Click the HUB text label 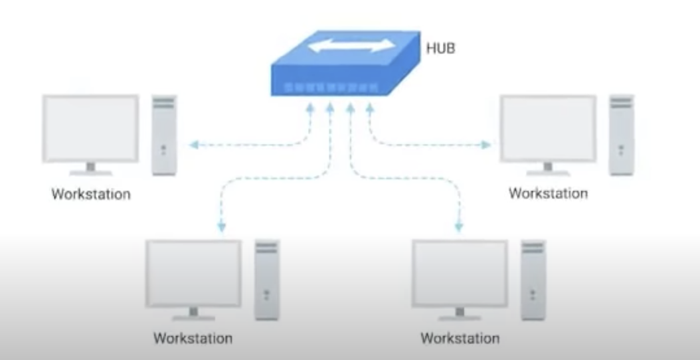(x=440, y=48)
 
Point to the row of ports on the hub (x=329, y=88)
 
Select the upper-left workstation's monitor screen (x=90, y=128)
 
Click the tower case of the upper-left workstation (x=164, y=135)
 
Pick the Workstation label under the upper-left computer (x=91, y=195)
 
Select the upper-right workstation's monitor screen (x=548, y=128)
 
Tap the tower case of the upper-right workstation (x=622, y=135)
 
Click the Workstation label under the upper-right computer (x=548, y=193)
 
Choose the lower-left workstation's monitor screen (x=193, y=273)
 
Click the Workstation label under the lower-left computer (x=193, y=337)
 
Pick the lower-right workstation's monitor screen (x=459, y=273)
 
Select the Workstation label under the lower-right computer (x=460, y=337)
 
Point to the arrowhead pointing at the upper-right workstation (x=487, y=143)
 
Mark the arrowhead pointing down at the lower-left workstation (x=222, y=227)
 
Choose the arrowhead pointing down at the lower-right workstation (x=459, y=227)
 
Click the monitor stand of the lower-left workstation (x=193, y=313)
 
